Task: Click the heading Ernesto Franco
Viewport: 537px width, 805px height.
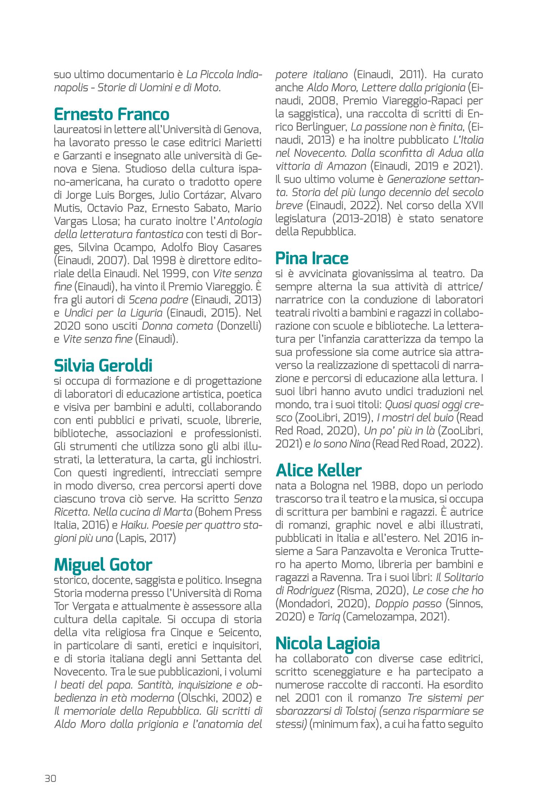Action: click(x=112, y=114)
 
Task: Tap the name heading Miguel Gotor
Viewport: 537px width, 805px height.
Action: click(x=103, y=565)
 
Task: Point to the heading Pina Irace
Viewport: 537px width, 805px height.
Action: click(x=312, y=258)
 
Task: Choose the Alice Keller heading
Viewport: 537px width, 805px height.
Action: click(x=318, y=470)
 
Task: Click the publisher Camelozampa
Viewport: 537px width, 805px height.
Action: click(x=382, y=617)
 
